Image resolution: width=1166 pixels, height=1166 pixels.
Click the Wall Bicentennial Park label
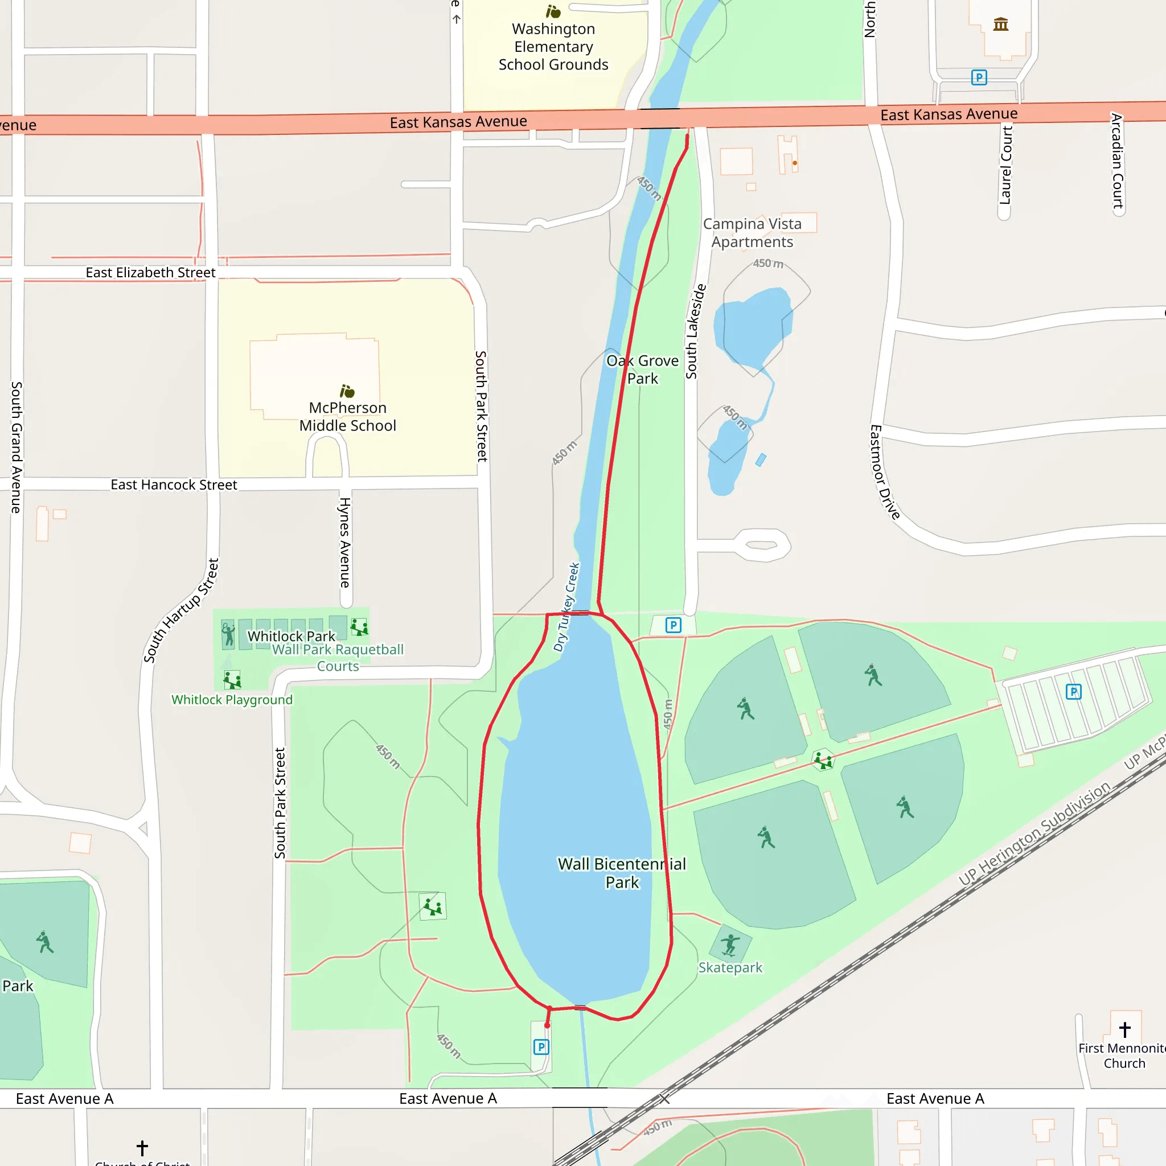[x=622, y=873]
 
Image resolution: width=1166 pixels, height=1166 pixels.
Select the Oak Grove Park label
[x=642, y=369]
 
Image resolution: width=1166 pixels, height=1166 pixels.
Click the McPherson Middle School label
[x=348, y=416]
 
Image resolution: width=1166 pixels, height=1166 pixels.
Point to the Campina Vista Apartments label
[x=752, y=232]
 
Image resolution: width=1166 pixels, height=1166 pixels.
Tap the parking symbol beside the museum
[x=979, y=77]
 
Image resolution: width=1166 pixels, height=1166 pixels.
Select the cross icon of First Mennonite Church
[x=1125, y=1029]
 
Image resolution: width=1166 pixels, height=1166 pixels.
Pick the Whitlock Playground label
[x=232, y=700]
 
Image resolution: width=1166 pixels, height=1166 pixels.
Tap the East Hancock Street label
[x=174, y=485]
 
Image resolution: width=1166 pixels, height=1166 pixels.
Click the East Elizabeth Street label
[x=150, y=272]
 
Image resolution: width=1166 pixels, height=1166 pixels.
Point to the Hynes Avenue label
[x=344, y=542]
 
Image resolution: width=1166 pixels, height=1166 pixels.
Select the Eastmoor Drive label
[x=884, y=471]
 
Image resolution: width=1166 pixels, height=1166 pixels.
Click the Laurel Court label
[x=1005, y=165]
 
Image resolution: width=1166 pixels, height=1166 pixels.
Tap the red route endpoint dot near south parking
[x=547, y=1025]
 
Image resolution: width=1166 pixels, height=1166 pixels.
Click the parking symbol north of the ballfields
[x=673, y=625]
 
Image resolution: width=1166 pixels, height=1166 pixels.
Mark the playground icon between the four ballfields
[x=823, y=761]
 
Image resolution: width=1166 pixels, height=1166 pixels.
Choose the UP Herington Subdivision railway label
[x=1034, y=834]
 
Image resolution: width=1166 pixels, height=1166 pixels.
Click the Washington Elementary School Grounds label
[x=553, y=47]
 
